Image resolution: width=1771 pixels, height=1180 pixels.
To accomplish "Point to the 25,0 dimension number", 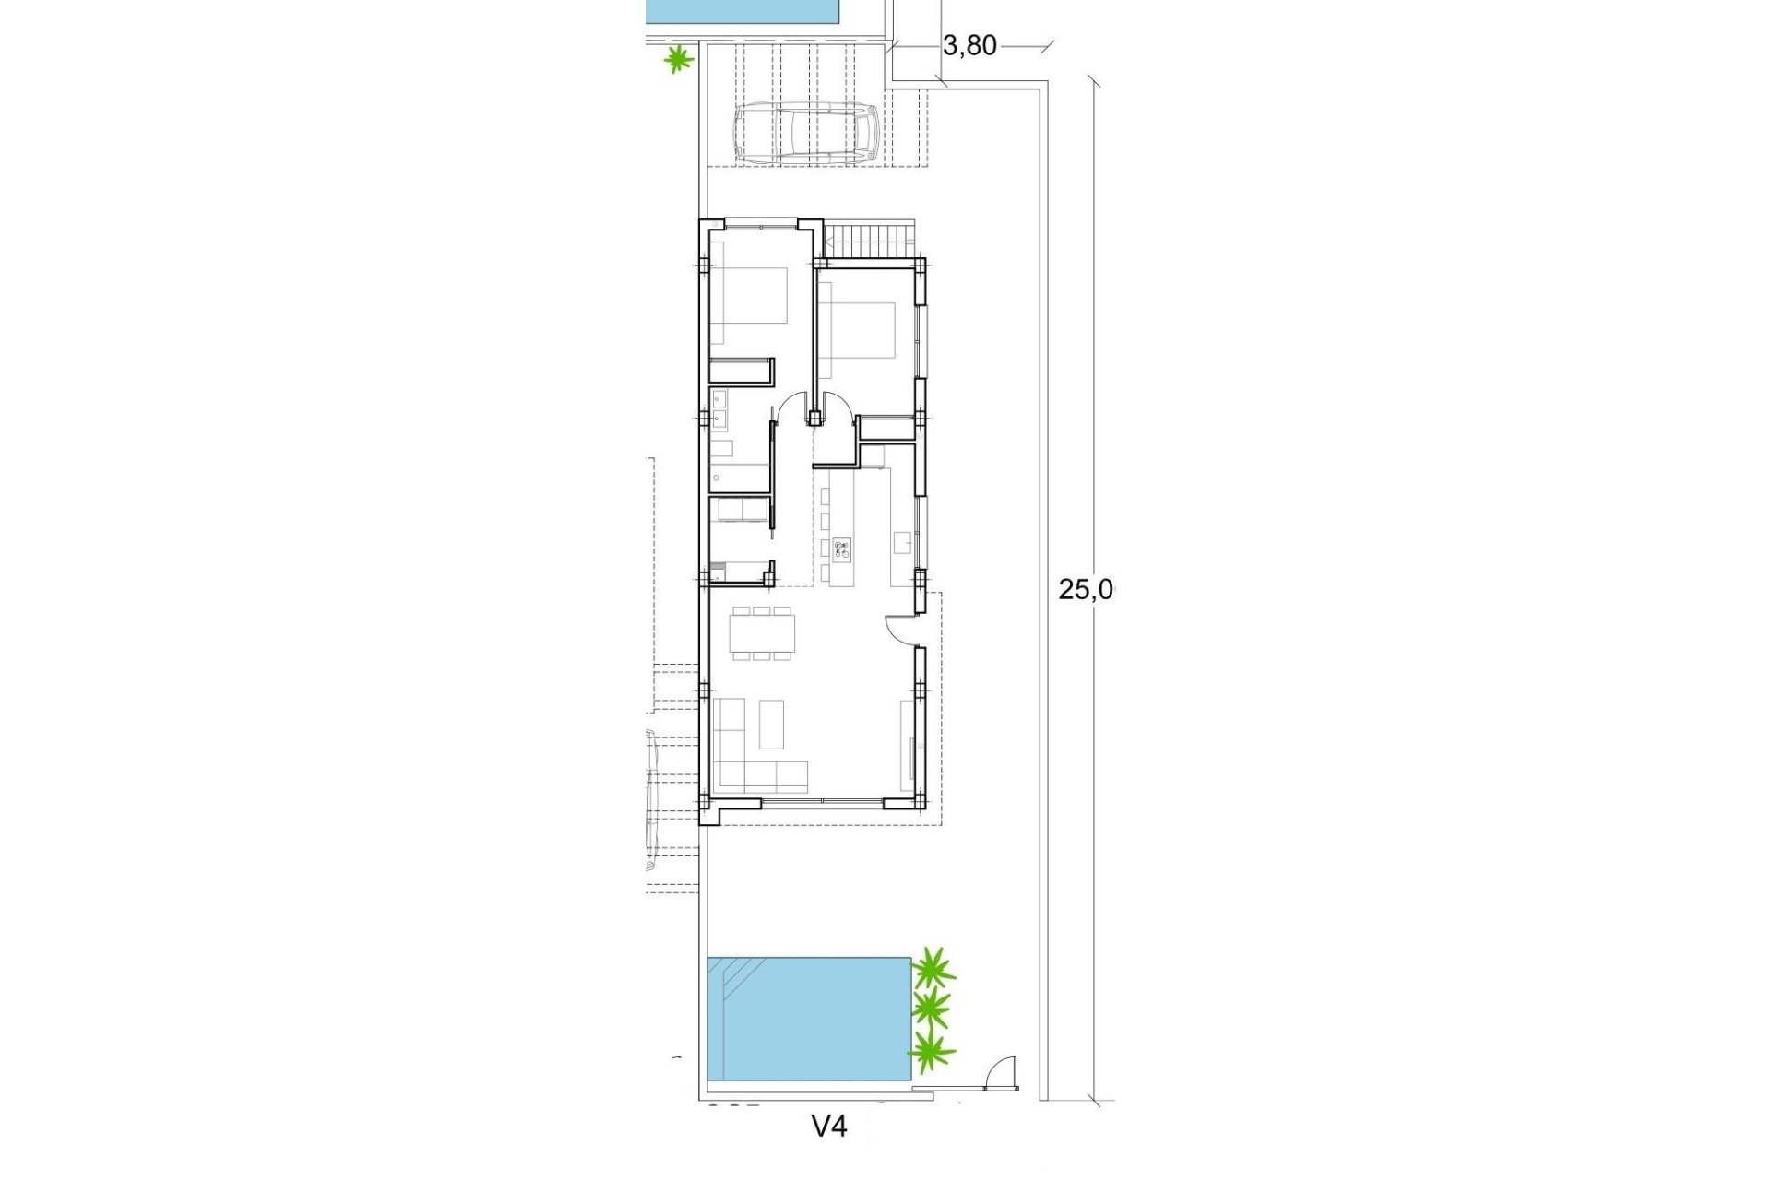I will [x=1086, y=590].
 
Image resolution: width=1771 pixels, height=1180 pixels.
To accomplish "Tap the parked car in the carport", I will [x=805, y=133].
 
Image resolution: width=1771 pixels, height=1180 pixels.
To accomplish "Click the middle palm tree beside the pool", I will [x=931, y=1009].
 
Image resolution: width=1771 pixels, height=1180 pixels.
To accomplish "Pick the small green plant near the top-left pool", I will [x=680, y=61].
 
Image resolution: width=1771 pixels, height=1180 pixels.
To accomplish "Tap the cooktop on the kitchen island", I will [x=841, y=551].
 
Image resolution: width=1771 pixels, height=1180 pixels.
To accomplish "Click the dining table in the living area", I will [x=761, y=632].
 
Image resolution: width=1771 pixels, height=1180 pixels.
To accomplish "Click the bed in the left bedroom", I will [x=750, y=295].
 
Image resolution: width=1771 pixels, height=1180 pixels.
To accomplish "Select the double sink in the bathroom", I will [x=718, y=409].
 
